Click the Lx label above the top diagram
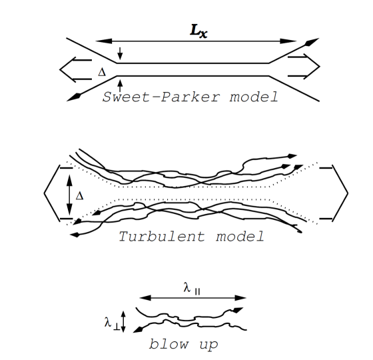click(x=197, y=31)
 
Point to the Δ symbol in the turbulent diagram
click(x=80, y=196)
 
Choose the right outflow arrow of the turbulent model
click(x=333, y=193)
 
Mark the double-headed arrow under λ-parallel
click(x=194, y=298)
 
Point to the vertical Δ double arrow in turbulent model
click(x=69, y=193)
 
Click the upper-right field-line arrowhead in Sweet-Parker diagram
click(x=307, y=42)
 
